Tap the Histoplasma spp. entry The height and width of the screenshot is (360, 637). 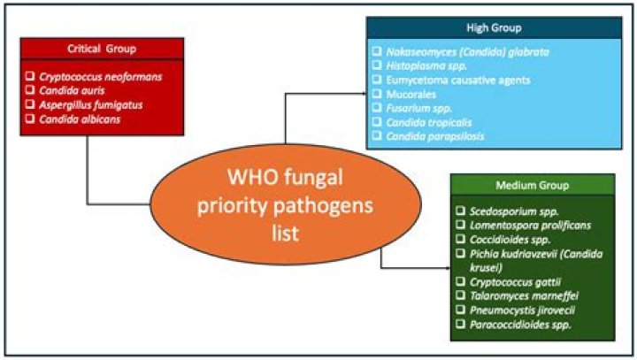(426, 65)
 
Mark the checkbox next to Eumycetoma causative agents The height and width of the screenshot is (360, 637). (377, 79)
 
